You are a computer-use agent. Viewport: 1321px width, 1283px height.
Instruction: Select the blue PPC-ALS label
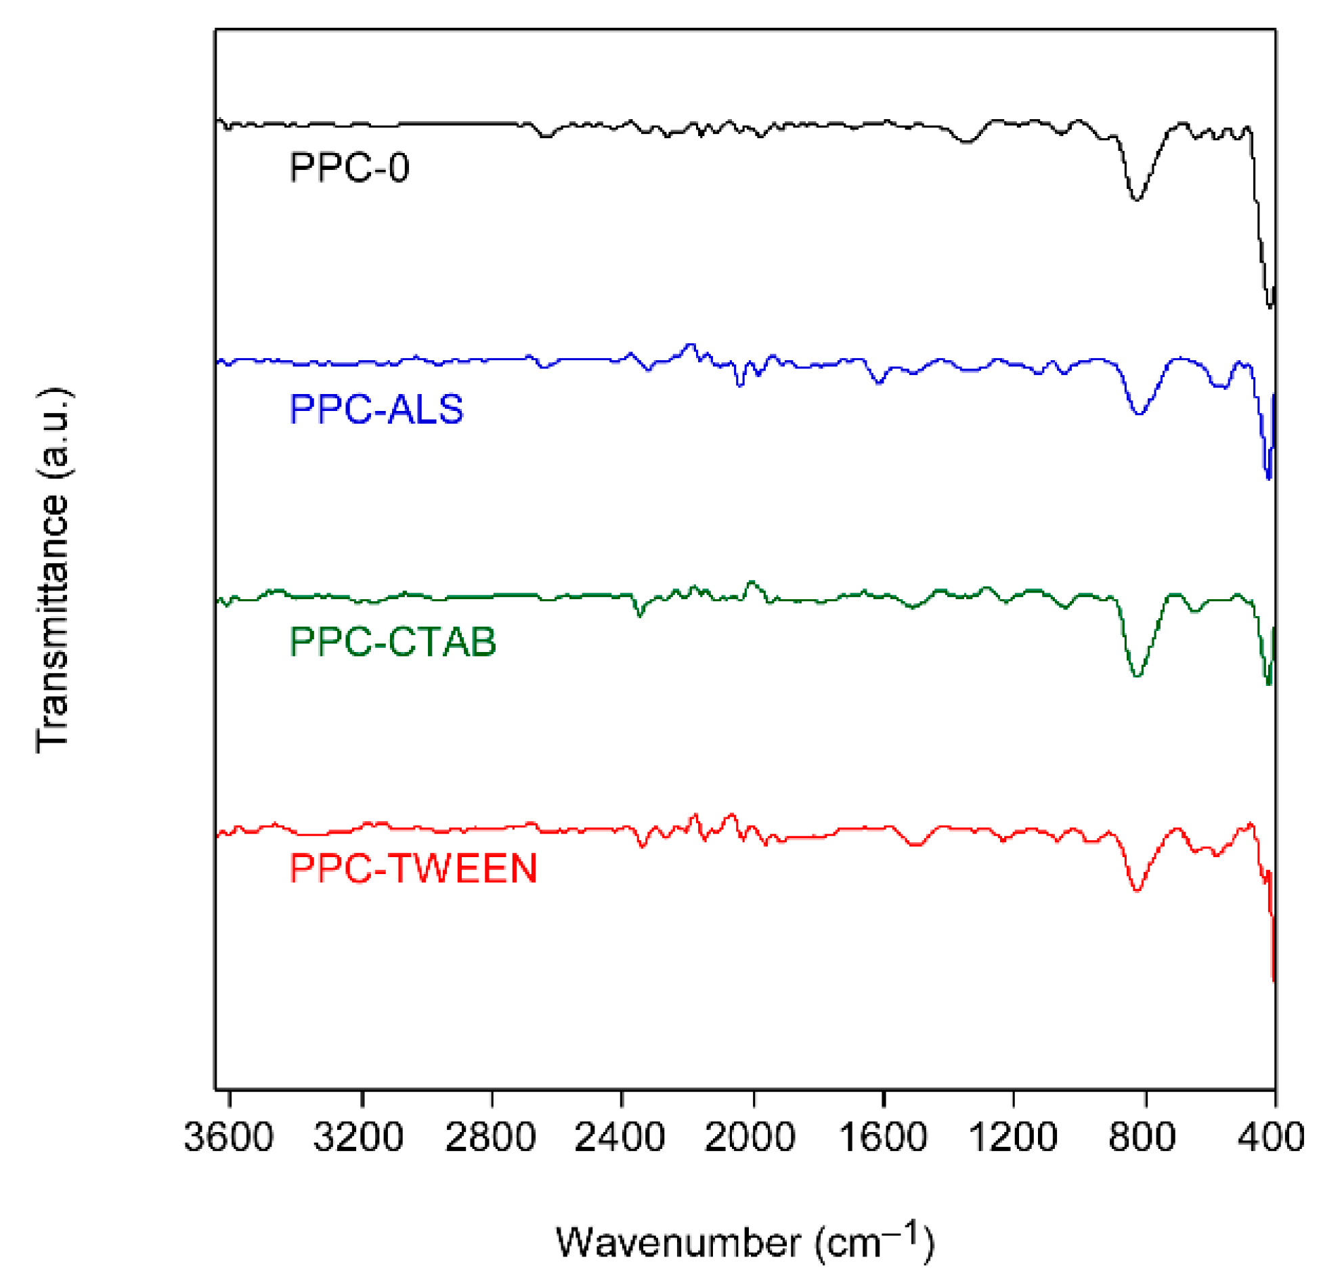click(376, 409)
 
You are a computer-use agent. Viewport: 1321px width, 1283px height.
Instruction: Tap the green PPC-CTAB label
click(393, 641)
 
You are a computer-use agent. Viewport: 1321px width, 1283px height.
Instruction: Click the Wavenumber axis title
click(745, 1243)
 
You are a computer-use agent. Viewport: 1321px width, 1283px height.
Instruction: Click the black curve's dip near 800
click(1136, 199)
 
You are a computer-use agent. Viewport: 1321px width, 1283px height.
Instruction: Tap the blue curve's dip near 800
click(1139, 413)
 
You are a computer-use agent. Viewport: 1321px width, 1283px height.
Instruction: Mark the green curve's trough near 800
click(1137, 675)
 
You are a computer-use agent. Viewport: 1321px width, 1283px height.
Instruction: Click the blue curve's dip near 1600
click(878, 383)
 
